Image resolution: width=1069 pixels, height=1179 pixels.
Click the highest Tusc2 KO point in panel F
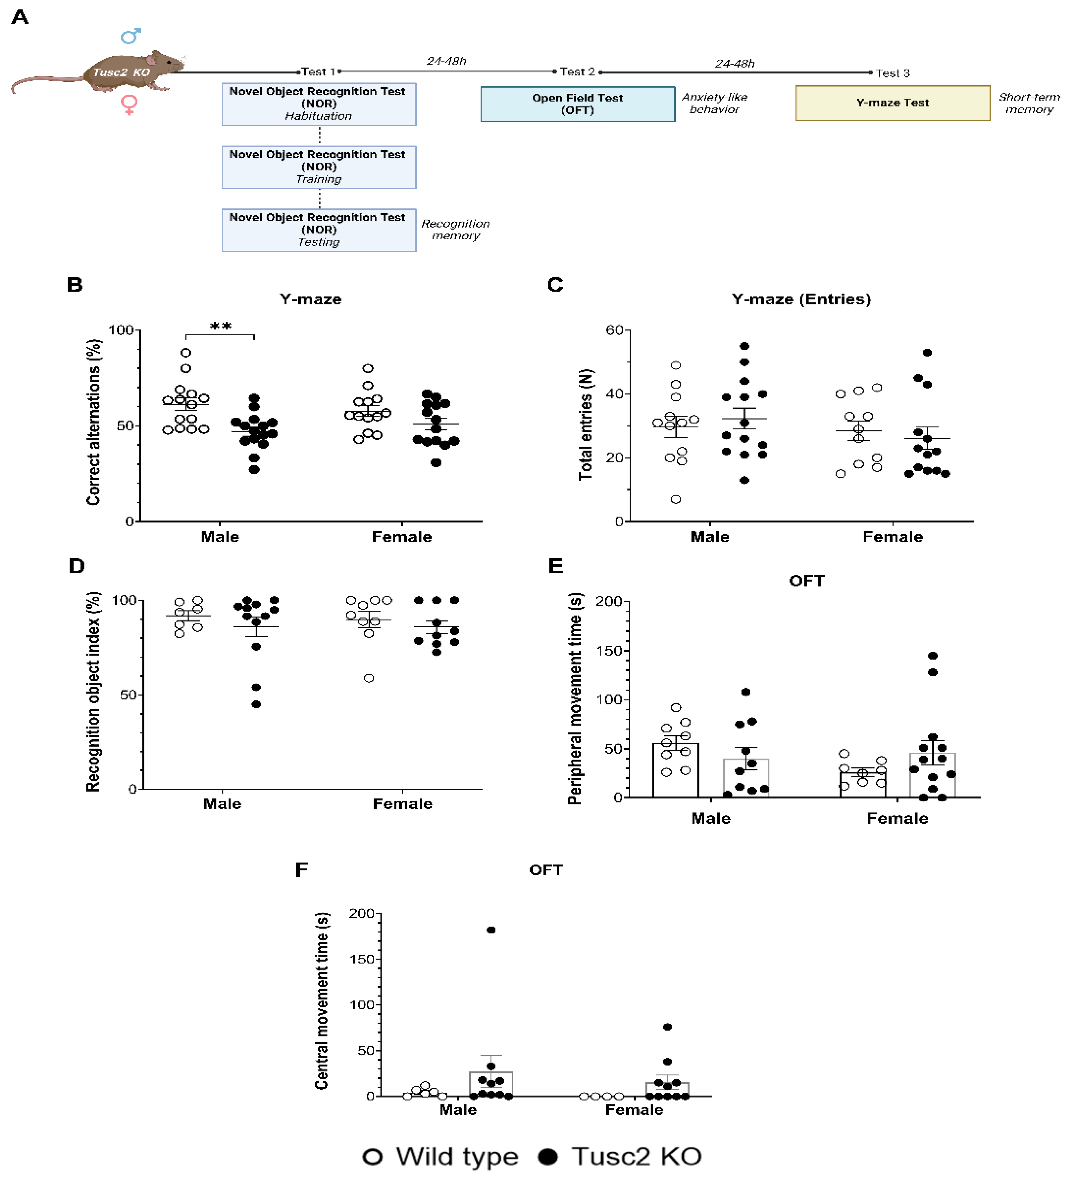coord(491,930)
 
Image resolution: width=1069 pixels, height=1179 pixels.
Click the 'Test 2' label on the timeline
coord(577,72)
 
